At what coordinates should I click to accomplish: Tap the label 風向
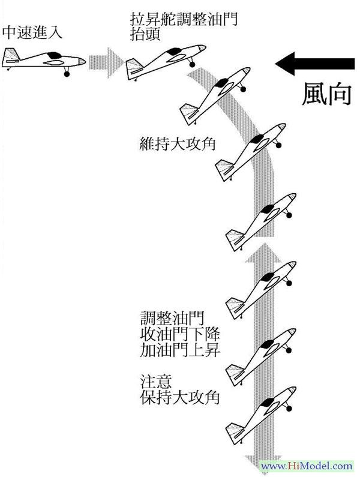coord(326,94)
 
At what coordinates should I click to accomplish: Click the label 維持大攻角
coord(170,145)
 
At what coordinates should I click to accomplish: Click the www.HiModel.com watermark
coord(307,466)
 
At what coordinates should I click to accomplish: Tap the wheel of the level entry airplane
coord(67,74)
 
